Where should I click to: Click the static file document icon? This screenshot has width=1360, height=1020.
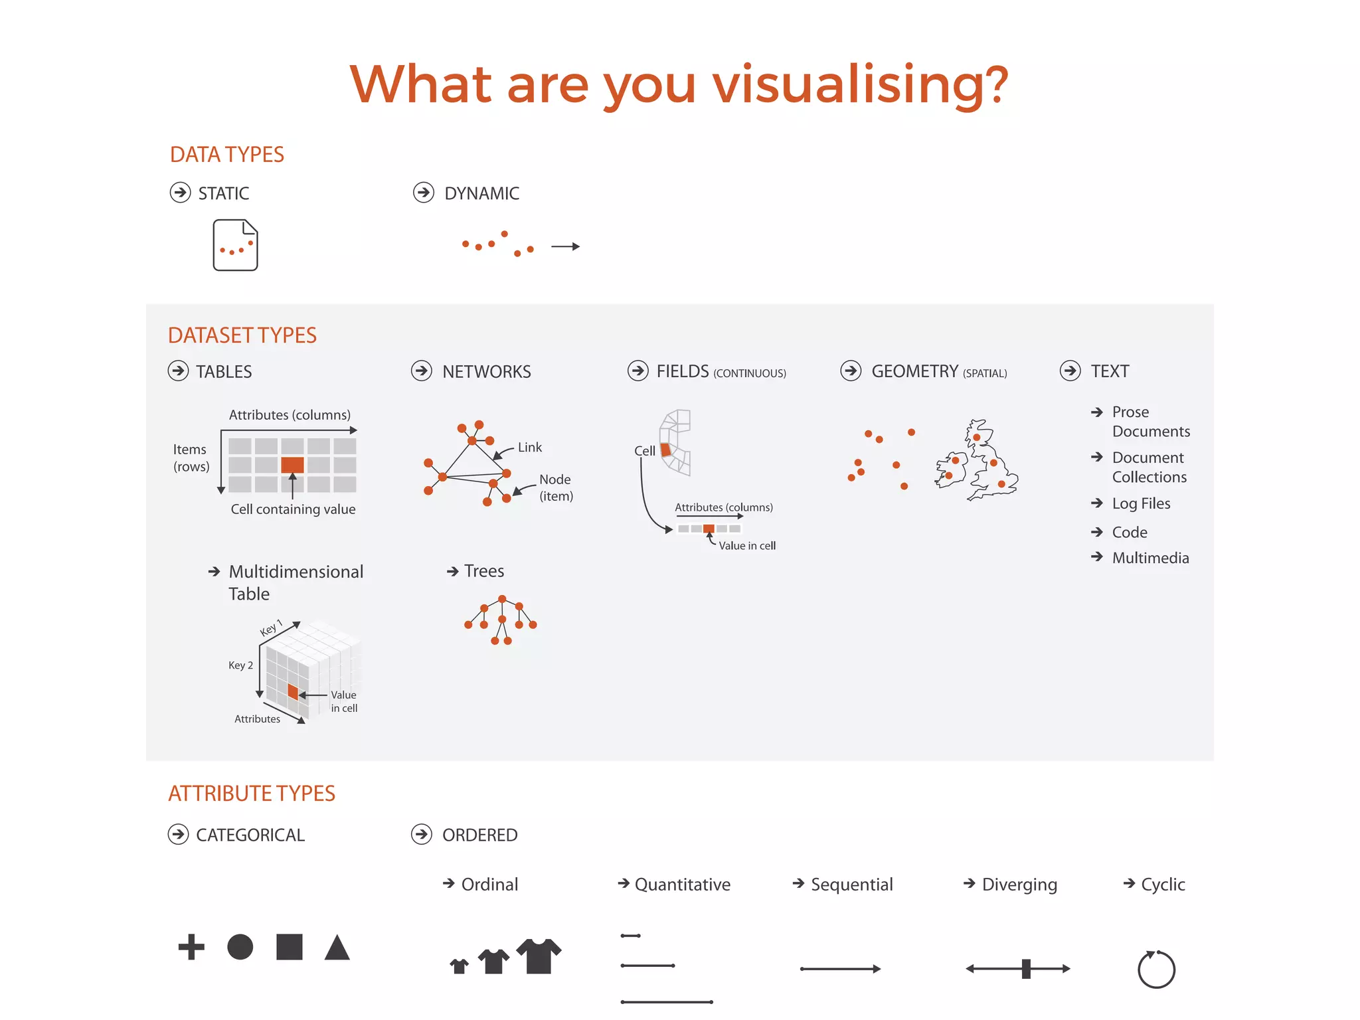pyautogui.click(x=235, y=245)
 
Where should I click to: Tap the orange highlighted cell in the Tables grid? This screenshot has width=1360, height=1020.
pyautogui.click(x=292, y=465)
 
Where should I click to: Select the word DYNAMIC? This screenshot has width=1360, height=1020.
pyautogui.click(x=481, y=194)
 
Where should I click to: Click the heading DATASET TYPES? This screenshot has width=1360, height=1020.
pyautogui.click(x=242, y=335)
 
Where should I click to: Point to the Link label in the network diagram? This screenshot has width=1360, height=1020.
pyautogui.click(x=530, y=448)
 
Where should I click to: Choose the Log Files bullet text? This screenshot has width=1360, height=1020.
pyautogui.click(x=1141, y=504)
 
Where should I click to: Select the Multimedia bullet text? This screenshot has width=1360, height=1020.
pyautogui.click(x=1150, y=558)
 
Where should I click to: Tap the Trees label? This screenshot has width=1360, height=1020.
pyautogui.click(x=484, y=571)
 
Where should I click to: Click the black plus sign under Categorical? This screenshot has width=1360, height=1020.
pyautogui.click(x=191, y=947)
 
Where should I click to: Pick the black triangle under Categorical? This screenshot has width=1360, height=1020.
pyautogui.click(x=337, y=948)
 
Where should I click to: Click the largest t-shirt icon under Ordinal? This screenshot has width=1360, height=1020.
pyautogui.click(x=539, y=956)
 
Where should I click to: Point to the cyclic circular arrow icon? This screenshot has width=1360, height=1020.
pyautogui.click(x=1156, y=970)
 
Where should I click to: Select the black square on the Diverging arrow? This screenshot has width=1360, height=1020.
pyautogui.click(x=1026, y=969)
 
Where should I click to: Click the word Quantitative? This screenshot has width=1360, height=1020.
pyautogui.click(x=682, y=885)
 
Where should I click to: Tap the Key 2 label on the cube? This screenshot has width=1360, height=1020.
pyautogui.click(x=240, y=665)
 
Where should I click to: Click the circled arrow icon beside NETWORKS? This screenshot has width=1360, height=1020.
pyautogui.click(x=422, y=371)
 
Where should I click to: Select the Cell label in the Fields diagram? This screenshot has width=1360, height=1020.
pyautogui.click(x=644, y=451)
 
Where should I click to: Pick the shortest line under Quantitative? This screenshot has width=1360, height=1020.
pyautogui.click(x=630, y=936)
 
